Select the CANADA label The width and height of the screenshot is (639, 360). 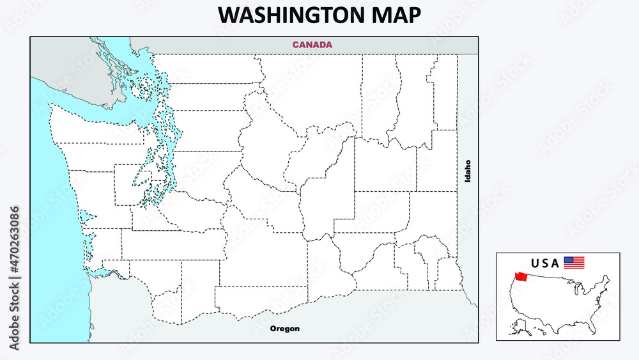[x=312, y=45]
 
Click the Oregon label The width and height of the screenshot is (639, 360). [x=284, y=329]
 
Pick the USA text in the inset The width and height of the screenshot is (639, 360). [x=545, y=263]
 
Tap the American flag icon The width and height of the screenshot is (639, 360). [x=574, y=262]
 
